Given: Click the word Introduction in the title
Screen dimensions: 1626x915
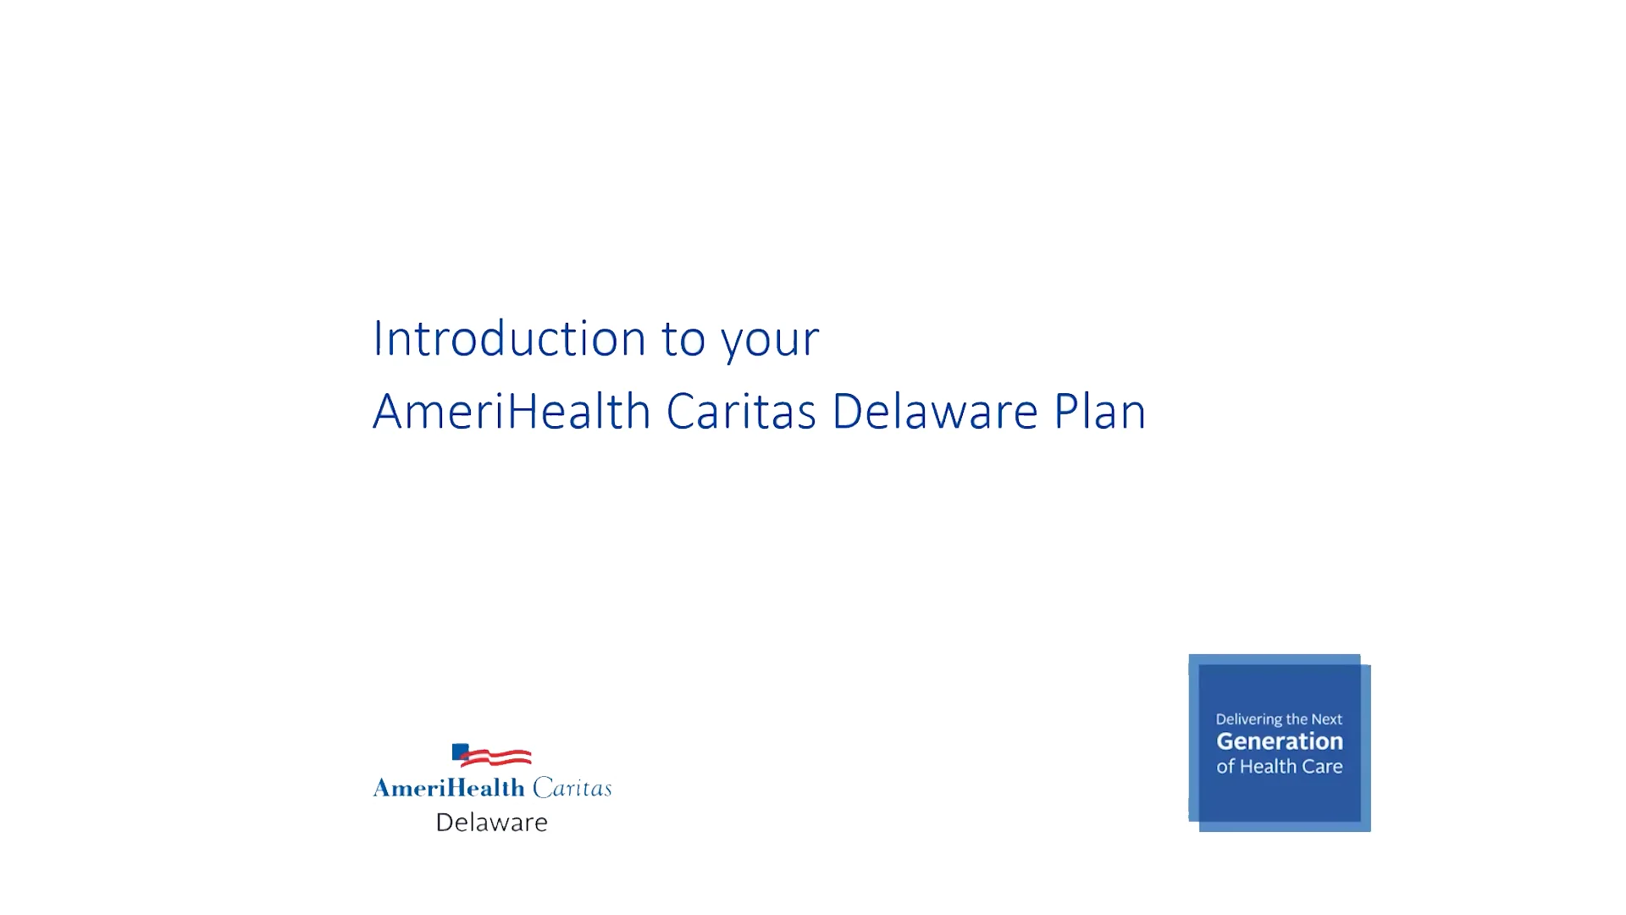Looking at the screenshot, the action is pos(510,338).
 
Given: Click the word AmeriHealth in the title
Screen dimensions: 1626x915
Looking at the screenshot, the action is pos(512,412).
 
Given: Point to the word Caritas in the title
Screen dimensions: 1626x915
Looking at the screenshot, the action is pos(741,412).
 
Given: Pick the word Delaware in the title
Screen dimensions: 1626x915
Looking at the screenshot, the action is pos(935,412).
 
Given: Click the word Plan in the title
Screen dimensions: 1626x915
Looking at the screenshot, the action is pos(1100,412).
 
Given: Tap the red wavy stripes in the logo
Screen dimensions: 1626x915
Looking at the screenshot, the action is pos(498,757).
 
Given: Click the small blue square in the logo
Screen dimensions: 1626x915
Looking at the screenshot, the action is pos(460,751).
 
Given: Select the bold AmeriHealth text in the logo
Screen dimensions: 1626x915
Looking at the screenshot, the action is pos(450,788).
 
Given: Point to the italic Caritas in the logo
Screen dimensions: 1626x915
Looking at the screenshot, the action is pos(572,788).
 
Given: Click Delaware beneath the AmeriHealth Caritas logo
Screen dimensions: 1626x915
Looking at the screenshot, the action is pos(492,822).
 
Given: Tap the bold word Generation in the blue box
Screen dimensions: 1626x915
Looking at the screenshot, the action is pos(1280,741).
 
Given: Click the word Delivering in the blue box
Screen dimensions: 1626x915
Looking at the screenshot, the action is pos(1249,720).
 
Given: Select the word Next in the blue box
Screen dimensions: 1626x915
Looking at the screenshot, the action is pos(1327,719).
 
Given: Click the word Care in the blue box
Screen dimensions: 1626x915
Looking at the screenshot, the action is pos(1322,767).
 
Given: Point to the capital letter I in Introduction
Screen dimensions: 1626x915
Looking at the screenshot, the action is pos(377,339).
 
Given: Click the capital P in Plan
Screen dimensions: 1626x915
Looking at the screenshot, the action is pos(1066,412).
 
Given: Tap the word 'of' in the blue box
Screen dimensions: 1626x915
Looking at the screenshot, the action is pos(1225,767).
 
